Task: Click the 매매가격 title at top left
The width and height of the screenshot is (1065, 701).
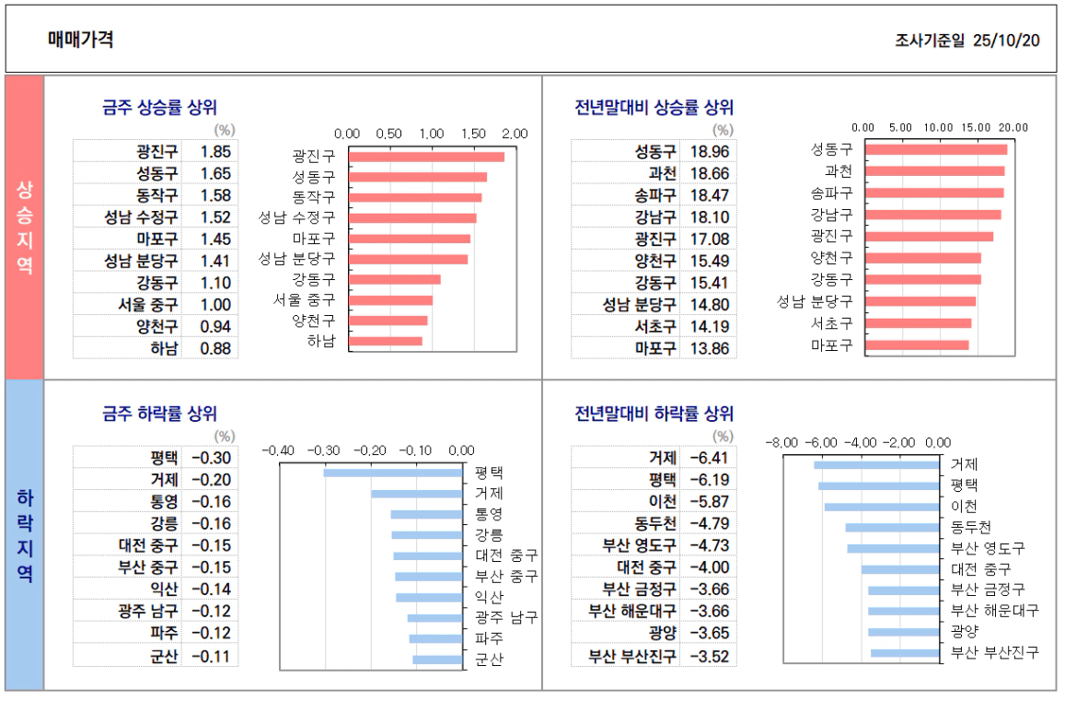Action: coord(81,40)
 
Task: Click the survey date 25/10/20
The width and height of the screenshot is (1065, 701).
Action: coord(1006,41)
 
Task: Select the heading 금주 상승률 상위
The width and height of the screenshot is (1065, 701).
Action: coord(159,108)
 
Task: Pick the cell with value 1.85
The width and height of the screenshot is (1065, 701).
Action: coord(214,151)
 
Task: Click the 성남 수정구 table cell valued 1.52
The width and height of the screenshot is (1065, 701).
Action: coord(214,217)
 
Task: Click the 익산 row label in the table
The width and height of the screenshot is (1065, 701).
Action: coord(164,590)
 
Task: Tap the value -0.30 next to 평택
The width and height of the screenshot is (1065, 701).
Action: coord(212,458)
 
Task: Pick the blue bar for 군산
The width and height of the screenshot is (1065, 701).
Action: coord(437,660)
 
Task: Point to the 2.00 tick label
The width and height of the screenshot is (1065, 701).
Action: coord(515,134)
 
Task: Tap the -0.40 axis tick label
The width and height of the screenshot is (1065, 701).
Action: coord(279,450)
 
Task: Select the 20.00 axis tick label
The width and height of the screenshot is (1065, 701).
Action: coord(1013,127)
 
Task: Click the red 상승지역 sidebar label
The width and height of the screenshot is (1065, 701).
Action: coord(24,227)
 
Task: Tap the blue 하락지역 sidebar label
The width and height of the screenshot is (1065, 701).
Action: coord(24,534)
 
